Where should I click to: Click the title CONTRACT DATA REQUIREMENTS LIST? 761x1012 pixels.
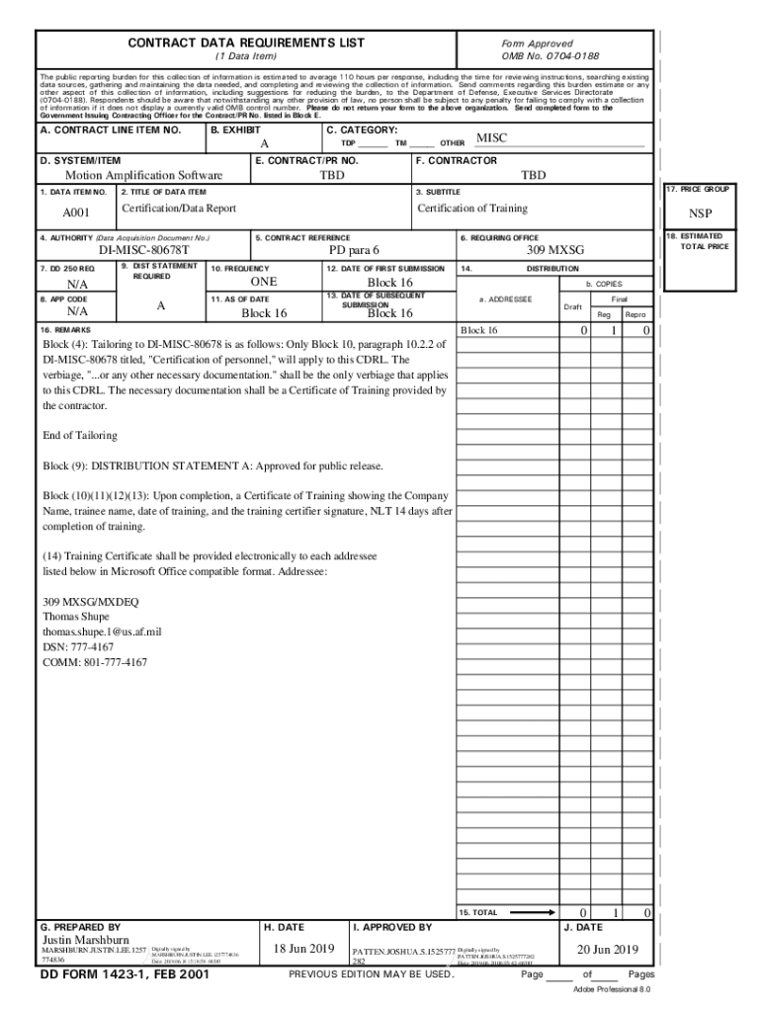click(246, 42)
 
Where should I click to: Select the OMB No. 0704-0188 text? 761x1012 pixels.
click(550, 56)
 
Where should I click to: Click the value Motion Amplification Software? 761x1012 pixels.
click(143, 176)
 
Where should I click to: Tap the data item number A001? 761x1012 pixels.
click(76, 212)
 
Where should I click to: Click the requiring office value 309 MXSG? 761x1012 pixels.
click(553, 251)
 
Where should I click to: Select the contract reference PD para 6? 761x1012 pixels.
click(354, 251)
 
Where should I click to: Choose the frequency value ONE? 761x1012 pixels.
click(264, 283)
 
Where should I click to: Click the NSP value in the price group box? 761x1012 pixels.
click(700, 213)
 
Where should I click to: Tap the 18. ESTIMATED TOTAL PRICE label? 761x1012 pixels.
click(702, 241)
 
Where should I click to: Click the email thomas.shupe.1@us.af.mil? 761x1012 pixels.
click(102, 631)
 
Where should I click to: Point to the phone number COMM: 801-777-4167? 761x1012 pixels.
click(95, 662)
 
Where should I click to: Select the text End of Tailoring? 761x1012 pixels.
click(80, 435)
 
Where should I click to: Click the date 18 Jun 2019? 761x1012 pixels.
click(304, 949)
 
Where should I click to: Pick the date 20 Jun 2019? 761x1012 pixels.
click(607, 950)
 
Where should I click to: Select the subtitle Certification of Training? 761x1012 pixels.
click(472, 209)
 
